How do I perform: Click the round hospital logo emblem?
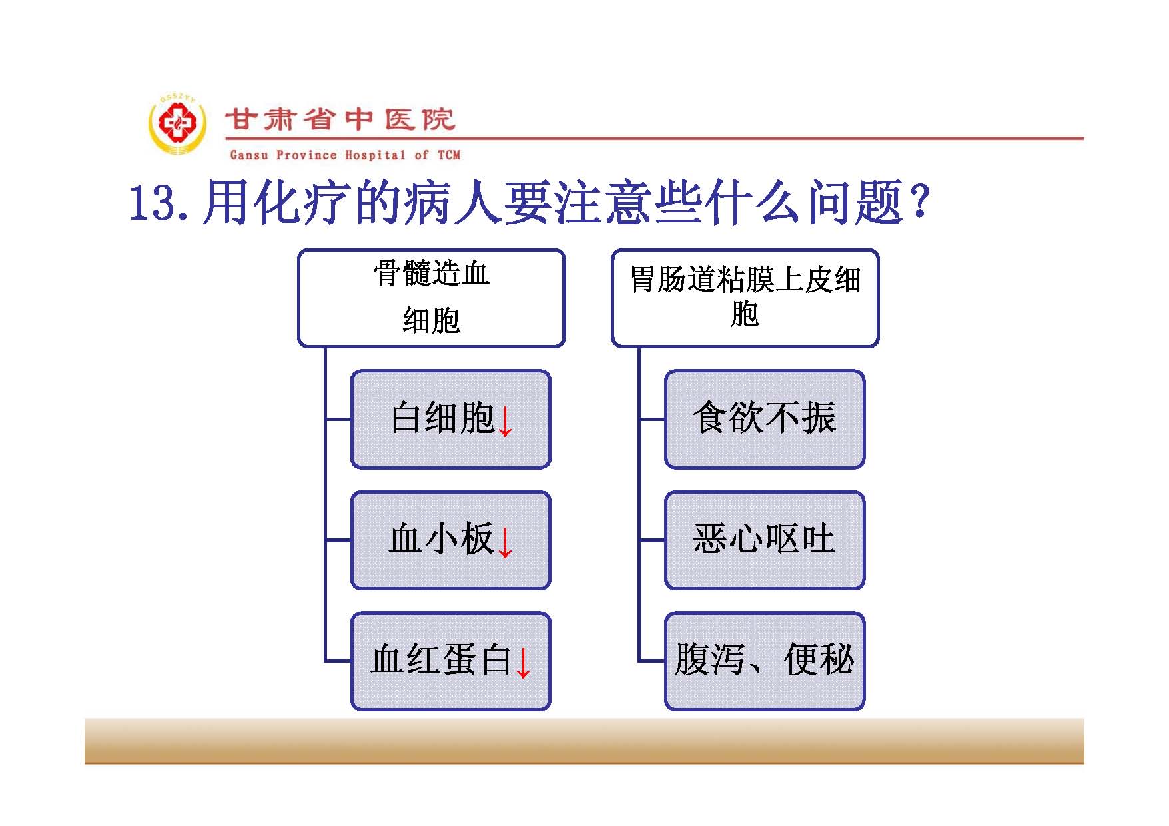pyautogui.click(x=177, y=125)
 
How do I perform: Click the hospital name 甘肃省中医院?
pyautogui.click(x=340, y=120)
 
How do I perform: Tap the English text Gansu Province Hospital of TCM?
pyautogui.click(x=345, y=155)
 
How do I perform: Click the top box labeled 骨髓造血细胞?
pyautogui.click(x=432, y=298)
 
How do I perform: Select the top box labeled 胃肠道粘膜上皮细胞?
pyautogui.click(x=745, y=298)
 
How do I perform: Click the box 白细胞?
pyautogui.click(x=451, y=419)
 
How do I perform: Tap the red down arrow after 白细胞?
pyautogui.click(x=506, y=420)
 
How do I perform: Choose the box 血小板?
pyautogui.click(x=451, y=540)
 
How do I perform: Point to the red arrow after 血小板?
pyautogui.click(x=506, y=542)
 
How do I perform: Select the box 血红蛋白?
pyautogui.click(x=451, y=661)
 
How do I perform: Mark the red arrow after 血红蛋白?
pyautogui.click(x=524, y=663)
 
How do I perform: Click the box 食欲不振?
pyautogui.click(x=765, y=419)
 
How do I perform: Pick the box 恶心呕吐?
pyautogui.click(x=765, y=540)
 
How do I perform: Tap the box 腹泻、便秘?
pyautogui.click(x=765, y=661)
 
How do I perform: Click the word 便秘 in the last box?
pyautogui.click(x=819, y=659)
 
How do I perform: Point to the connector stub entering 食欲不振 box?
pyautogui.click(x=652, y=420)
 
